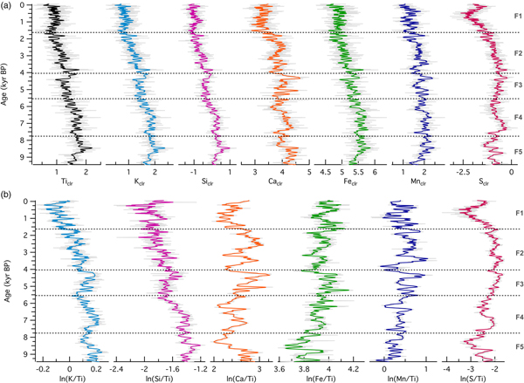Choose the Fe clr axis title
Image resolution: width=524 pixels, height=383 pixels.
(x=352, y=181)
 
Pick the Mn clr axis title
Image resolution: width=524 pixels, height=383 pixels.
(x=417, y=181)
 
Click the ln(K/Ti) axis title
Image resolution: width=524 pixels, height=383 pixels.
(x=70, y=376)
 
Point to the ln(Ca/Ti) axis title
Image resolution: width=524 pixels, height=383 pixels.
(x=240, y=376)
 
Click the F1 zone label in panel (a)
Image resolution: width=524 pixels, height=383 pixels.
(x=517, y=17)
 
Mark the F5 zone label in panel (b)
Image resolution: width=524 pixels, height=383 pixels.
(x=517, y=347)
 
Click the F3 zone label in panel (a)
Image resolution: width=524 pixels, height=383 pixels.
(x=517, y=85)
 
